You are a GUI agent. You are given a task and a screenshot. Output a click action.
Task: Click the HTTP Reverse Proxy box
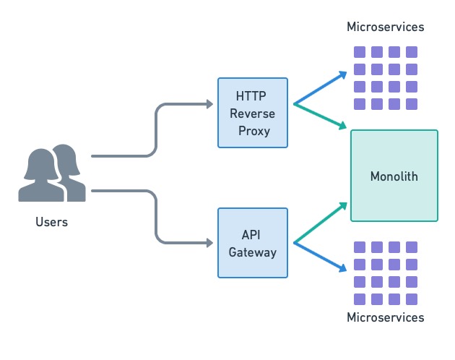tap(253, 112)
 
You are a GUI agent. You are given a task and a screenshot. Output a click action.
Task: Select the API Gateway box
tap(253, 243)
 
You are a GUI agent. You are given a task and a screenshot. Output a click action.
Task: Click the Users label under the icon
tap(51, 222)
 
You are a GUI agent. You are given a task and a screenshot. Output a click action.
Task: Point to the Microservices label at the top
tap(385, 27)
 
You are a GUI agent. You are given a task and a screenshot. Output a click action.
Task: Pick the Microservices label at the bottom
tap(385, 317)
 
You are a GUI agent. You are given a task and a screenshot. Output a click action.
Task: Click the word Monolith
tap(394, 176)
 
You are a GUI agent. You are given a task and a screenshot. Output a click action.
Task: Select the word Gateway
tap(253, 252)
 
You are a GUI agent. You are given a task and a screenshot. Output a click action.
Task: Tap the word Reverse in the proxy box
tap(253, 113)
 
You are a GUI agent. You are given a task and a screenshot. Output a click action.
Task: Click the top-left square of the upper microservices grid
tap(359, 52)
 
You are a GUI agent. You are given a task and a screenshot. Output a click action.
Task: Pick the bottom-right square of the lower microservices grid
tap(412, 299)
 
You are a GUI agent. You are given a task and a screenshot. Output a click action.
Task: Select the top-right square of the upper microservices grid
tap(412, 52)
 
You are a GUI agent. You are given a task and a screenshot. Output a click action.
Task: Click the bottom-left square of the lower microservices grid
tap(359, 299)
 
